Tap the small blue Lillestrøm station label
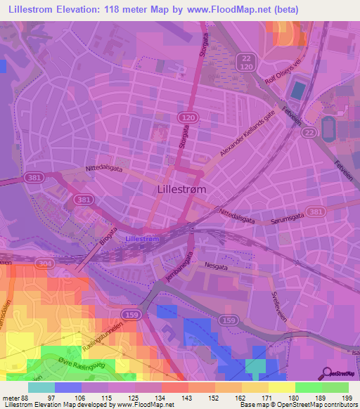(x=142, y=239)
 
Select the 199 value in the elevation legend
(x=347, y=398)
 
